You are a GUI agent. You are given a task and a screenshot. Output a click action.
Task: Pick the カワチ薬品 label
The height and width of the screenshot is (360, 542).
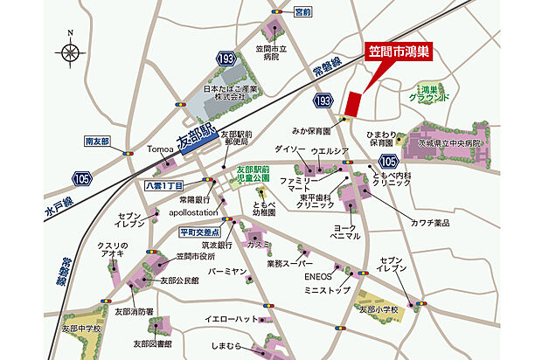coord(427,223)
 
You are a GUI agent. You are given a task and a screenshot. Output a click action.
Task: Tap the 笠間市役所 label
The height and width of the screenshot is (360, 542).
coord(195,256)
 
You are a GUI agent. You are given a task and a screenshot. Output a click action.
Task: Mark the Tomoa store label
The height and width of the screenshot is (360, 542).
coord(161,148)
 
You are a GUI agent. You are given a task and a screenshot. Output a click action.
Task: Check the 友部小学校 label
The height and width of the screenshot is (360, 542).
coord(379,309)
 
